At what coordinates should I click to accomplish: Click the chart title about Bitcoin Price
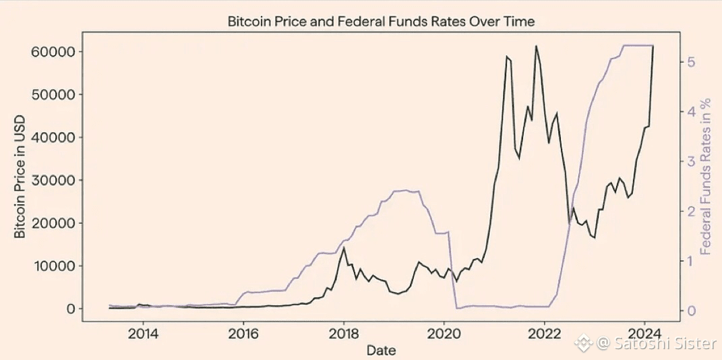click(x=380, y=22)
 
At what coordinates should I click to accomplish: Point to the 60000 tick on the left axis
click(x=53, y=51)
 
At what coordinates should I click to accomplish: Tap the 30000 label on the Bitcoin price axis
click(x=53, y=180)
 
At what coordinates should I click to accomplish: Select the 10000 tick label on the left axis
click(x=53, y=266)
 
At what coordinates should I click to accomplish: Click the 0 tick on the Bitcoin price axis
click(x=71, y=309)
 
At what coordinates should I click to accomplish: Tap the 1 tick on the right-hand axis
click(x=692, y=261)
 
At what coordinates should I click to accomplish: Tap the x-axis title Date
click(x=381, y=351)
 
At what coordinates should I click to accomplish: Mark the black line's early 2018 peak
click(x=344, y=247)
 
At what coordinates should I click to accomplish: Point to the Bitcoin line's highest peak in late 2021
click(x=536, y=46)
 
